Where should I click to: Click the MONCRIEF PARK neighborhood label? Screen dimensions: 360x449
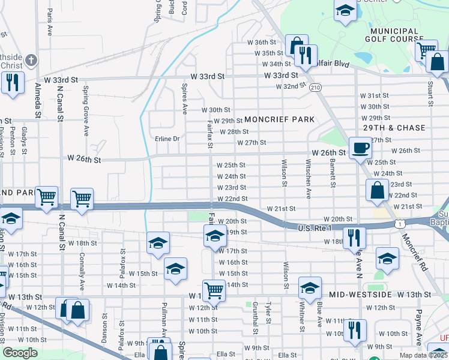(279, 119)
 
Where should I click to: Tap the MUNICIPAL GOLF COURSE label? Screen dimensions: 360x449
(394, 35)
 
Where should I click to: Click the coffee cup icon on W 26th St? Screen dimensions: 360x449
(360, 147)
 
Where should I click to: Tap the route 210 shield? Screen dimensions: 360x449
(316, 88)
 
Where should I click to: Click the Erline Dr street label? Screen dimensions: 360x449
(167, 139)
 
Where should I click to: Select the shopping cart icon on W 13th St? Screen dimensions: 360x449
(213, 290)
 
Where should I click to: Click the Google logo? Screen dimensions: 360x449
(20, 353)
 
